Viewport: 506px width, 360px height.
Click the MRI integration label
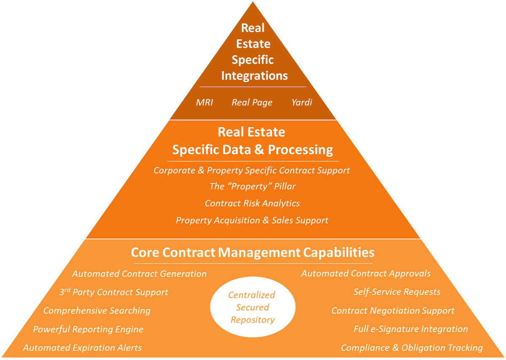[x=205, y=102]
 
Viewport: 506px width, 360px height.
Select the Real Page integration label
[x=252, y=102]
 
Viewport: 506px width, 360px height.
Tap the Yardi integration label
[x=301, y=102]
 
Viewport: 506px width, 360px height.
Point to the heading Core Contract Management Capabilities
[x=253, y=252]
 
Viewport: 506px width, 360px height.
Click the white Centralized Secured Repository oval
[x=252, y=307]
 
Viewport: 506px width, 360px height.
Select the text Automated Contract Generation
[x=139, y=274]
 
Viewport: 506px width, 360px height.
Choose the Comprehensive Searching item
[x=97, y=311]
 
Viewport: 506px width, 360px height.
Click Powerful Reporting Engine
[x=88, y=329]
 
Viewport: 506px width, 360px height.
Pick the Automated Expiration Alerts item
[x=82, y=348]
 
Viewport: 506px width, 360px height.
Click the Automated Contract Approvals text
[x=366, y=274]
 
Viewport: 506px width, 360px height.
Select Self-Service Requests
[x=397, y=292]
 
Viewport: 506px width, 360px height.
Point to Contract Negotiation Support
[x=393, y=311]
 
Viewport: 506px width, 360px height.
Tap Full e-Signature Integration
[x=411, y=329]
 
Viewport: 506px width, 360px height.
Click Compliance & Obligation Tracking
[x=412, y=348]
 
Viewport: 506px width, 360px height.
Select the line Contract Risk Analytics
[x=252, y=203]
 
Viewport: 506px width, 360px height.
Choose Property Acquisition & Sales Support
[x=252, y=220]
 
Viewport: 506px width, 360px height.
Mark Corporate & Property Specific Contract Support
[x=252, y=170]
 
